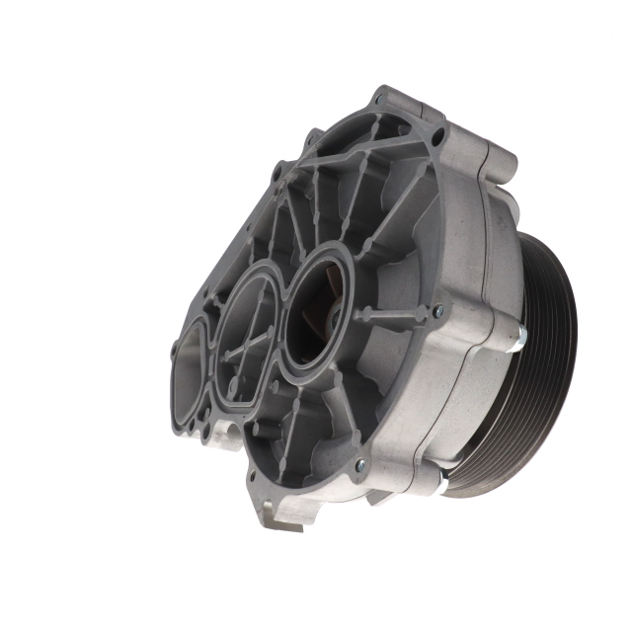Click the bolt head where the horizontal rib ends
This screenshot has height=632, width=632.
click(437, 312)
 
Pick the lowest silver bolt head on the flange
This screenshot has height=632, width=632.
click(360, 464)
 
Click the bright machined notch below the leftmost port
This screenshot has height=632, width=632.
click(221, 434)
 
